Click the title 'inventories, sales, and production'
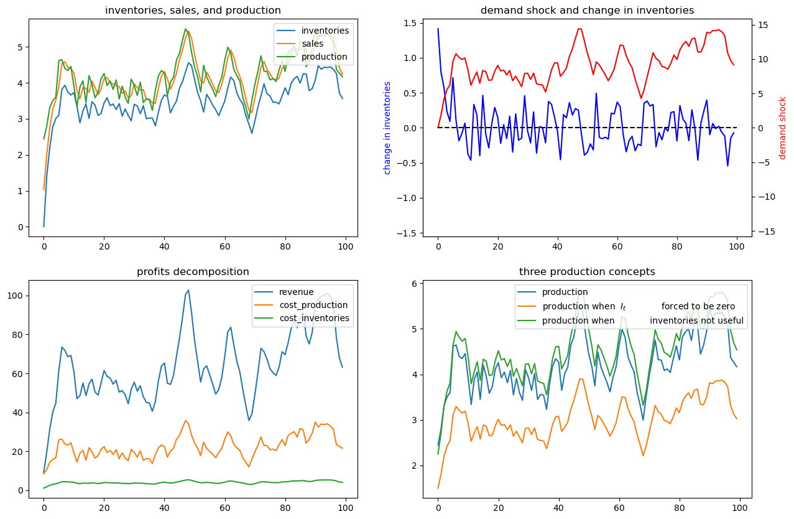point(193,10)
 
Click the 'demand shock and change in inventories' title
point(587,10)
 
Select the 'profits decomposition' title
point(193,272)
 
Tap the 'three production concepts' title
point(587,272)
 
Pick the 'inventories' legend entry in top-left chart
point(325,30)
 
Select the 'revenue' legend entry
point(297,292)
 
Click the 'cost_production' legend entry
point(313,305)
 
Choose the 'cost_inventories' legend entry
point(314,318)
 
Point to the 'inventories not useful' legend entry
point(696,321)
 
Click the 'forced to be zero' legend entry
point(698,306)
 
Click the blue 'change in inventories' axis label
point(387,128)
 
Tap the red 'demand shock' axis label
point(783,128)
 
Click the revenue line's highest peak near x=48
point(188,290)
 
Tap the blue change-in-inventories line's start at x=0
point(438,29)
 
